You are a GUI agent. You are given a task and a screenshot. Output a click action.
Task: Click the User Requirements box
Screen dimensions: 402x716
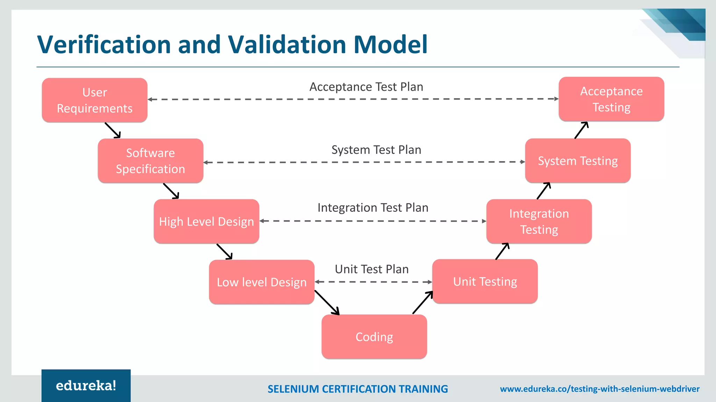coord(94,100)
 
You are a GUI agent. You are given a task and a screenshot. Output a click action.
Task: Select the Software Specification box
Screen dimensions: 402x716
coord(150,161)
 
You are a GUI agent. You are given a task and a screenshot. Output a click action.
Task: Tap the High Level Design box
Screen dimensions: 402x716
coord(206,221)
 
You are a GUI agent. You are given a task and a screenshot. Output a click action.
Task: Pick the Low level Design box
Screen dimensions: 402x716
coord(262,282)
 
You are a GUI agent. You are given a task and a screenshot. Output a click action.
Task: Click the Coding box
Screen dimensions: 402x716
coord(374,337)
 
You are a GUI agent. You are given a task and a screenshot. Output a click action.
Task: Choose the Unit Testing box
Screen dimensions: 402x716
coord(485,281)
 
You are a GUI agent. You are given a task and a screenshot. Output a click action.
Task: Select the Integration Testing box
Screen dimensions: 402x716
coord(539,221)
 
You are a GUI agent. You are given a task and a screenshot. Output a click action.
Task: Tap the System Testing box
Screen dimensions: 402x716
coord(578,161)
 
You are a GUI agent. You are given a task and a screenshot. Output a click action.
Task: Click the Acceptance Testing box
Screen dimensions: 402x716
coord(611,99)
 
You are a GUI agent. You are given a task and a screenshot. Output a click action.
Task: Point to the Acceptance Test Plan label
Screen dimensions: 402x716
coord(366,87)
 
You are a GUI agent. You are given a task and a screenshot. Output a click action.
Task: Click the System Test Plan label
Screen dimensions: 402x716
coord(376,150)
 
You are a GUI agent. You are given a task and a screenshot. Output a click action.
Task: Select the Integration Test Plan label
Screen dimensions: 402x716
coord(373,208)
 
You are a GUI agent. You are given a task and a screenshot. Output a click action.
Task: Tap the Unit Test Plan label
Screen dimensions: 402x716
coord(372,269)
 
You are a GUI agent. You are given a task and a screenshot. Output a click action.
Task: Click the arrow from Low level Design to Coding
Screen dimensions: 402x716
coord(327,303)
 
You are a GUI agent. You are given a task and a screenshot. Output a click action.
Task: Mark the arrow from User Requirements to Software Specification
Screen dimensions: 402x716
coord(113,130)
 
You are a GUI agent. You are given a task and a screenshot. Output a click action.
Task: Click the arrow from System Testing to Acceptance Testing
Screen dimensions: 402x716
coord(581,130)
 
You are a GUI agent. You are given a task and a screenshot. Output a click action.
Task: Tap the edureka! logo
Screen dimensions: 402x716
coord(86,386)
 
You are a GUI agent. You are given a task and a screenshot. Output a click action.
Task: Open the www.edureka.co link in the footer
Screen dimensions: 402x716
coord(600,389)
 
